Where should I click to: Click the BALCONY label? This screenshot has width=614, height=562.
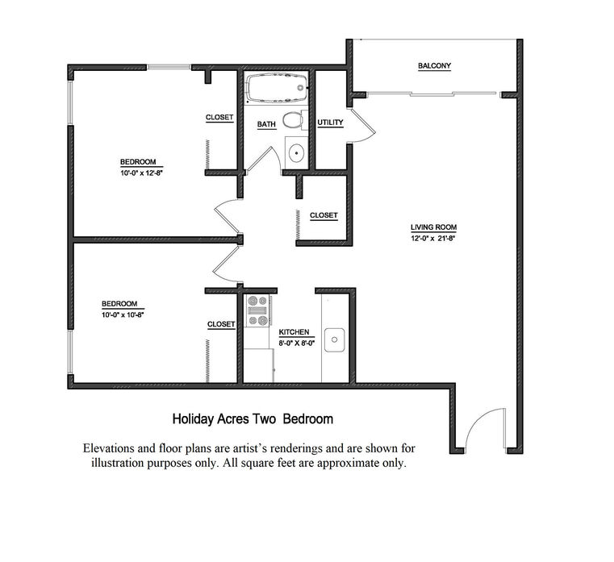point(434,66)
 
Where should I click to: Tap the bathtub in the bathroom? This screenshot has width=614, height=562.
point(276,88)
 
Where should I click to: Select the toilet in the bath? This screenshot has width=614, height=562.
point(294,120)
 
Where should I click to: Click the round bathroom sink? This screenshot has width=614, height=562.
point(296,153)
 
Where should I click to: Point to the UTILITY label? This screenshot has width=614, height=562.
point(330,123)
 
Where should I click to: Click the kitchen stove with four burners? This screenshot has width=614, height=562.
point(257,310)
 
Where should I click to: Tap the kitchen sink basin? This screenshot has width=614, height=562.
point(334,339)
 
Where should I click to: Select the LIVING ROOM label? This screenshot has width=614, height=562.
point(433,227)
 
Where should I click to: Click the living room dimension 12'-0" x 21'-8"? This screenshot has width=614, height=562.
point(432,238)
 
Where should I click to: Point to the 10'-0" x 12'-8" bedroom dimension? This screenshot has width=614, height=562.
point(141,173)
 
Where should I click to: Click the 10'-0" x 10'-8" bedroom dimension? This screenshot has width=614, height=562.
point(123,314)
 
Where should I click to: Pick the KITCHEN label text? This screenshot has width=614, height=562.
point(294,332)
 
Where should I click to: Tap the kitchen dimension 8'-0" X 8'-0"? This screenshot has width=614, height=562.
point(297,343)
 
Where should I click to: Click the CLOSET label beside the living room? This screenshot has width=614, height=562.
point(324,215)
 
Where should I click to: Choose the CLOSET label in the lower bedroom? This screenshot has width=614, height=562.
point(221,324)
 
